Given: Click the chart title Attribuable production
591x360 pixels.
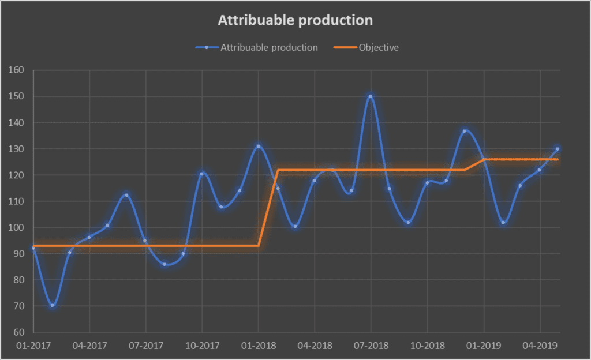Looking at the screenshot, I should [x=295, y=20].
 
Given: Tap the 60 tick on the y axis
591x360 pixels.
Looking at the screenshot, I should [x=18, y=332].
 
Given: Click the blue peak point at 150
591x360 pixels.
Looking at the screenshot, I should [x=370, y=97].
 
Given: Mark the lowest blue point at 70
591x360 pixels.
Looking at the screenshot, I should [x=52, y=306].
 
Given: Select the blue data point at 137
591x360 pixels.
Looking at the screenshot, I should [x=465, y=131].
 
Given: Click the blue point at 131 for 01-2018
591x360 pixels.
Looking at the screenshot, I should [x=258, y=147].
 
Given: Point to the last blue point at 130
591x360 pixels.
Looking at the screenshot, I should [x=558, y=149].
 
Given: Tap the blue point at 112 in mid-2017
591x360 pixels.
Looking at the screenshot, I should [x=126, y=195].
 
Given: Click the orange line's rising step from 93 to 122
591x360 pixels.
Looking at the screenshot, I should [x=268, y=208].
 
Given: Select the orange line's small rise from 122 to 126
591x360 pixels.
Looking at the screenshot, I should [x=474, y=164].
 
